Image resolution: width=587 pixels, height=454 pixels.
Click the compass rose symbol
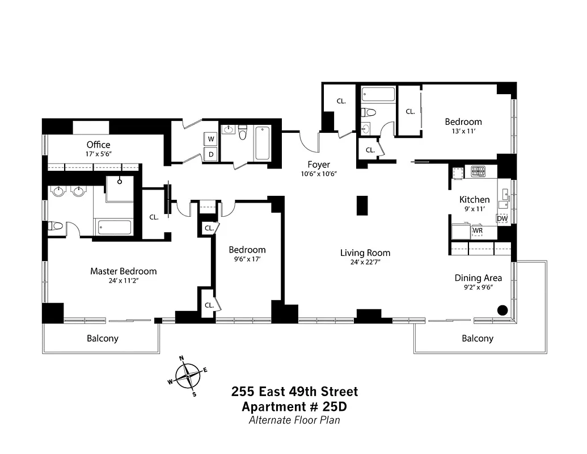pos(188,375)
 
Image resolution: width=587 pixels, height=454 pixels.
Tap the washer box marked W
pos(211,139)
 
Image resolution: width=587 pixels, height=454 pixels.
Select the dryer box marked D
pos(211,154)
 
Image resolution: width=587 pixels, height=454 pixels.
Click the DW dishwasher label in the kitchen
pos(502,218)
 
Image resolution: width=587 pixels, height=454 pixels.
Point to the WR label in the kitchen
pos(477,231)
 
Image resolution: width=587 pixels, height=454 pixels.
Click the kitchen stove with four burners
pos(475,170)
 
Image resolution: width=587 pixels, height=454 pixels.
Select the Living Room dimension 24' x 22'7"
pos(365,262)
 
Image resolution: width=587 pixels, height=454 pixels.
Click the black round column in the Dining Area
pos(502,310)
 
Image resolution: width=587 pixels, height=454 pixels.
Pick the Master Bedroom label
pos(123,271)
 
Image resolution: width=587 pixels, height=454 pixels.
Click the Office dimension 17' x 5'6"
pos(99,154)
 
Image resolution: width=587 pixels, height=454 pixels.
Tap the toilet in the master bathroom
pos(56,226)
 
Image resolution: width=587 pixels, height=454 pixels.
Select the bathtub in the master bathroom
pos(115,228)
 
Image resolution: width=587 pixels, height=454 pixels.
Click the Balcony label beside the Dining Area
pos(477,338)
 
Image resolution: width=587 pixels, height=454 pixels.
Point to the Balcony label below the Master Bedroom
pos(103,338)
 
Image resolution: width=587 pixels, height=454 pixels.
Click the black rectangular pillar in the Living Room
pos(362,205)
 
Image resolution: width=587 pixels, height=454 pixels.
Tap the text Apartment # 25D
pos(294,406)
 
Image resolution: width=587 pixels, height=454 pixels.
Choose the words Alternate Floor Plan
pos(294,420)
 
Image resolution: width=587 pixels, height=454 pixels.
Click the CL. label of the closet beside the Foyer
pos(341,101)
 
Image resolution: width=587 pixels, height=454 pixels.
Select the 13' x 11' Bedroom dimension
pos(463,132)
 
